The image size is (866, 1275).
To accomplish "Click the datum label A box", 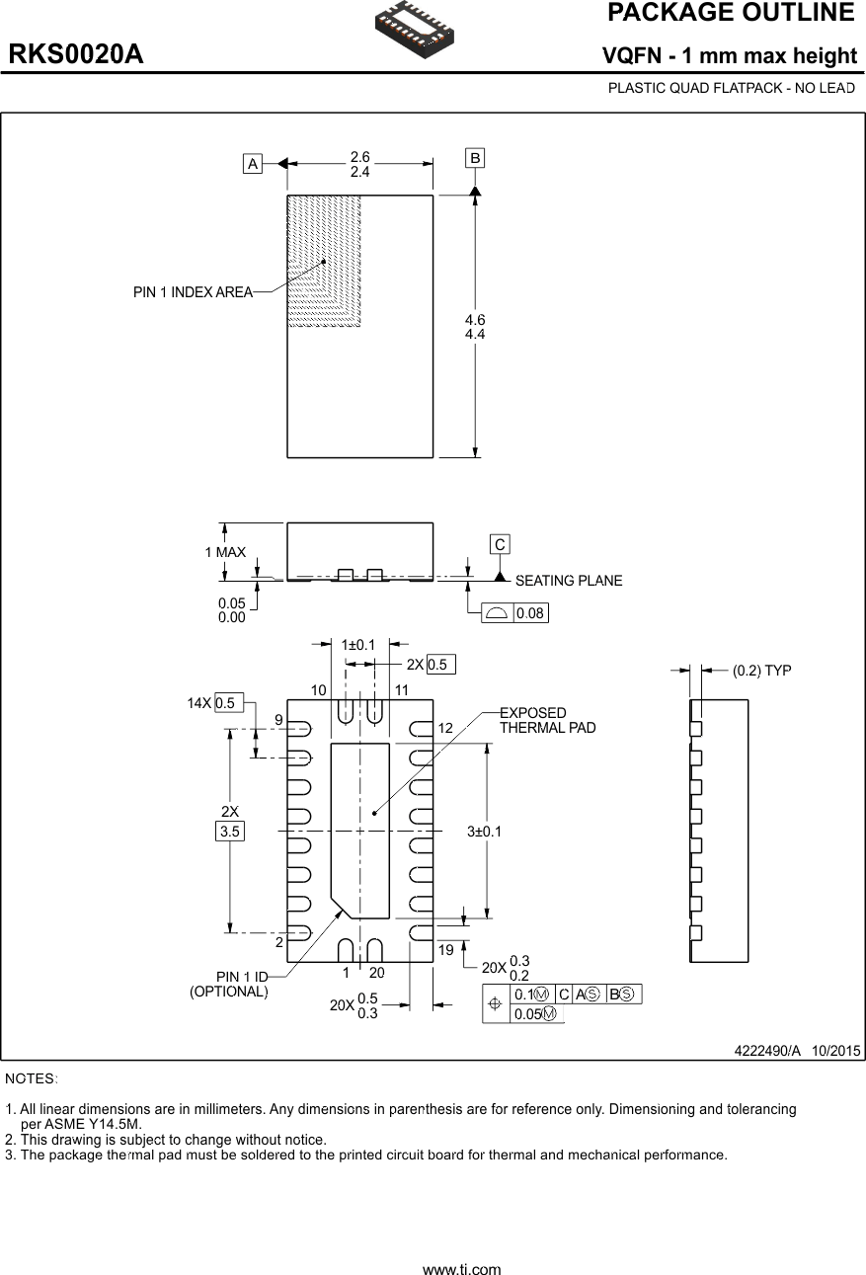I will (253, 164).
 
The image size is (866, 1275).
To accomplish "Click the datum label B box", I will (475, 158).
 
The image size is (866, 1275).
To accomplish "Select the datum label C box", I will (501, 544).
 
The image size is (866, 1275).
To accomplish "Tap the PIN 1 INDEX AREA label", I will (193, 292).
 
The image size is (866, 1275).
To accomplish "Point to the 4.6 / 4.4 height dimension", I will (475, 327).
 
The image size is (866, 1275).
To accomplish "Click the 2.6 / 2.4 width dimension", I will (359, 164).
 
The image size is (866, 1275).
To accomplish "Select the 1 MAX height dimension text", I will (225, 552).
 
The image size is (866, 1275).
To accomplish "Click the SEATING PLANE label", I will (569, 581).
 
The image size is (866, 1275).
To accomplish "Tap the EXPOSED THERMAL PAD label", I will (547, 720).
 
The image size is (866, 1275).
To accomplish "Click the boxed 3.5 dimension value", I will (229, 832).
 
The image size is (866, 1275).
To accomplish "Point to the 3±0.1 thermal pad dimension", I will (484, 832).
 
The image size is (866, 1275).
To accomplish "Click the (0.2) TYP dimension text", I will (761, 671).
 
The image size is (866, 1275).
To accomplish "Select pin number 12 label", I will (445, 728).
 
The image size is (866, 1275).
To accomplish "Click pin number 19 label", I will (445, 949).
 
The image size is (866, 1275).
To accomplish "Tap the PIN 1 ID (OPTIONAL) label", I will (229, 985).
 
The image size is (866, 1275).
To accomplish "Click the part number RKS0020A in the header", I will (76, 55).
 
